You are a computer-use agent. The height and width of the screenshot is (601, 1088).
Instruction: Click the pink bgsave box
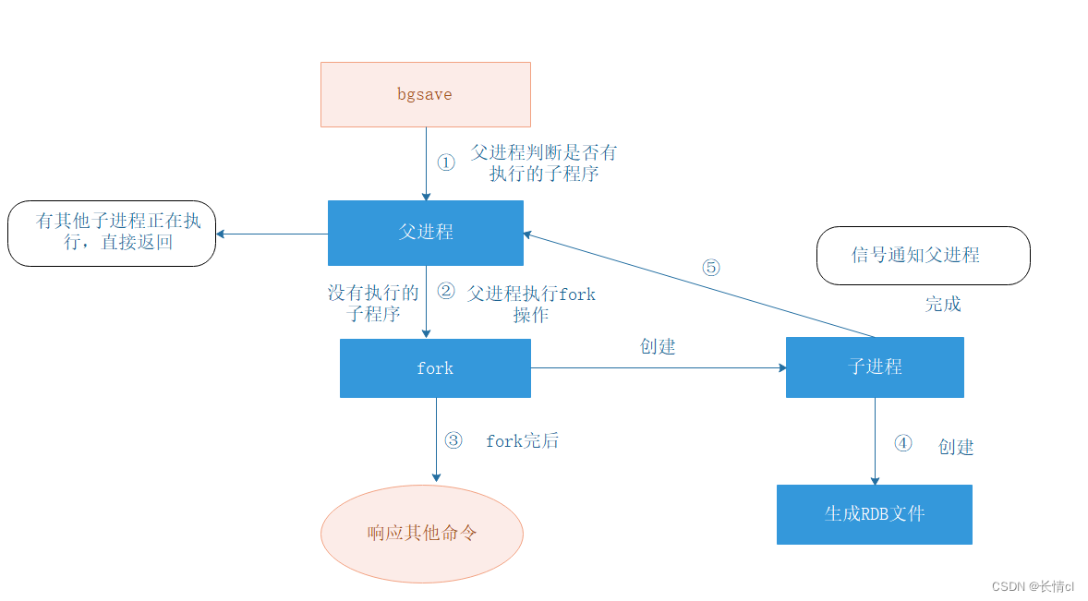point(425,94)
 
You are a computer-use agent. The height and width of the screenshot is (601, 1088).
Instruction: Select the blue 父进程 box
point(426,233)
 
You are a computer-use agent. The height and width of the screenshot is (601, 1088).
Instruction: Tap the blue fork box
point(435,368)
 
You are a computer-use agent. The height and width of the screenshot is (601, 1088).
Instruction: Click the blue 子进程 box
point(875,367)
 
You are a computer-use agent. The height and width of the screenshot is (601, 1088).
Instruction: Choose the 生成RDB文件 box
point(874,514)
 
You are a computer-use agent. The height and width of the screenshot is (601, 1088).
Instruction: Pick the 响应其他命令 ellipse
point(422,534)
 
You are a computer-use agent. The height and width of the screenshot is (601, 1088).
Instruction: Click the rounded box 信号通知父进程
point(922,256)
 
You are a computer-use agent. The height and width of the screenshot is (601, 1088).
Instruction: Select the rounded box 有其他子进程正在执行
point(112,234)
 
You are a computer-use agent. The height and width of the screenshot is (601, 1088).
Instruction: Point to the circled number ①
point(446,162)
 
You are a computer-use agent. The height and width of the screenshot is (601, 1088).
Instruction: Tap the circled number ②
point(446,292)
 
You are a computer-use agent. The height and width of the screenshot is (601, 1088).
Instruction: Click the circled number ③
point(453,440)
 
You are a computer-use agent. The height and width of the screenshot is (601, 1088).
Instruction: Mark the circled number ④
point(902,444)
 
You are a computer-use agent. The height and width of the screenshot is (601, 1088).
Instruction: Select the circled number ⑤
point(710,268)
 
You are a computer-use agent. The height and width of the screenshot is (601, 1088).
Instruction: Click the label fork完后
point(522,441)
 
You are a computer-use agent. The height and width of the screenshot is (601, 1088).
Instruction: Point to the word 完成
point(943,305)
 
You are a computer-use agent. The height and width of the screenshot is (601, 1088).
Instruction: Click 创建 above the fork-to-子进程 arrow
point(658,347)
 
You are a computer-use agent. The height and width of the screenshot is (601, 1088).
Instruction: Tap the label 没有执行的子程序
point(373,303)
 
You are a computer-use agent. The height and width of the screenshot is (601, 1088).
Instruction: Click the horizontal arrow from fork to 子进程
point(658,367)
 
